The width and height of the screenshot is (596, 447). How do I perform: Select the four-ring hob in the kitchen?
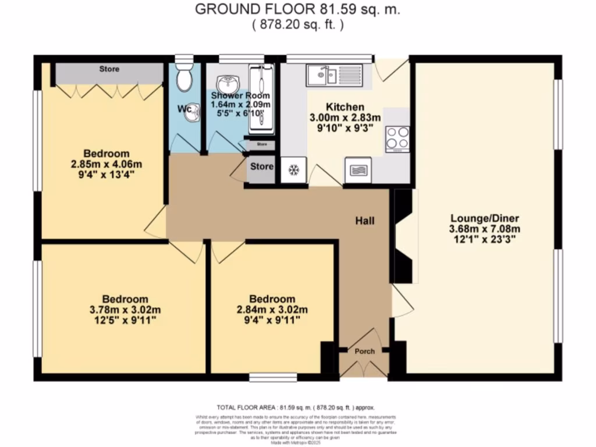point(397,139)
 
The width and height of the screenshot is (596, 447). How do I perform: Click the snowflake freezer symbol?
point(294,171)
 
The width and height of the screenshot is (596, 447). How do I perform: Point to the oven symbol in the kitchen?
point(359,170)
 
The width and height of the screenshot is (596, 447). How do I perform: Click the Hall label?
point(365,221)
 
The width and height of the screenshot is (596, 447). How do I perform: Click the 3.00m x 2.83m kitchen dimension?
point(336,117)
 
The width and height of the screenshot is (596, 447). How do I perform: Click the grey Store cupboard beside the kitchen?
point(261,167)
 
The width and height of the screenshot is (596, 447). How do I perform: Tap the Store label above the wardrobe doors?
point(109,69)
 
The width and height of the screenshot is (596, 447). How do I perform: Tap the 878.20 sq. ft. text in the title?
point(298,24)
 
